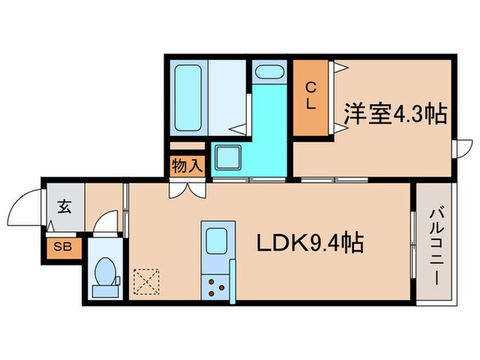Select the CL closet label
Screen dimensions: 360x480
[x=311, y=96]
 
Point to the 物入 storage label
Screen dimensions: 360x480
[x=187, y=167]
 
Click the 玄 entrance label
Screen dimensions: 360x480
[x=64, y=206]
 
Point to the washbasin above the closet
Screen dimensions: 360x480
[x=270, y=72]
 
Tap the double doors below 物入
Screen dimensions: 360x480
[x=187, y=189]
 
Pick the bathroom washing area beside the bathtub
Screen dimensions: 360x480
[x=226, y=96]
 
